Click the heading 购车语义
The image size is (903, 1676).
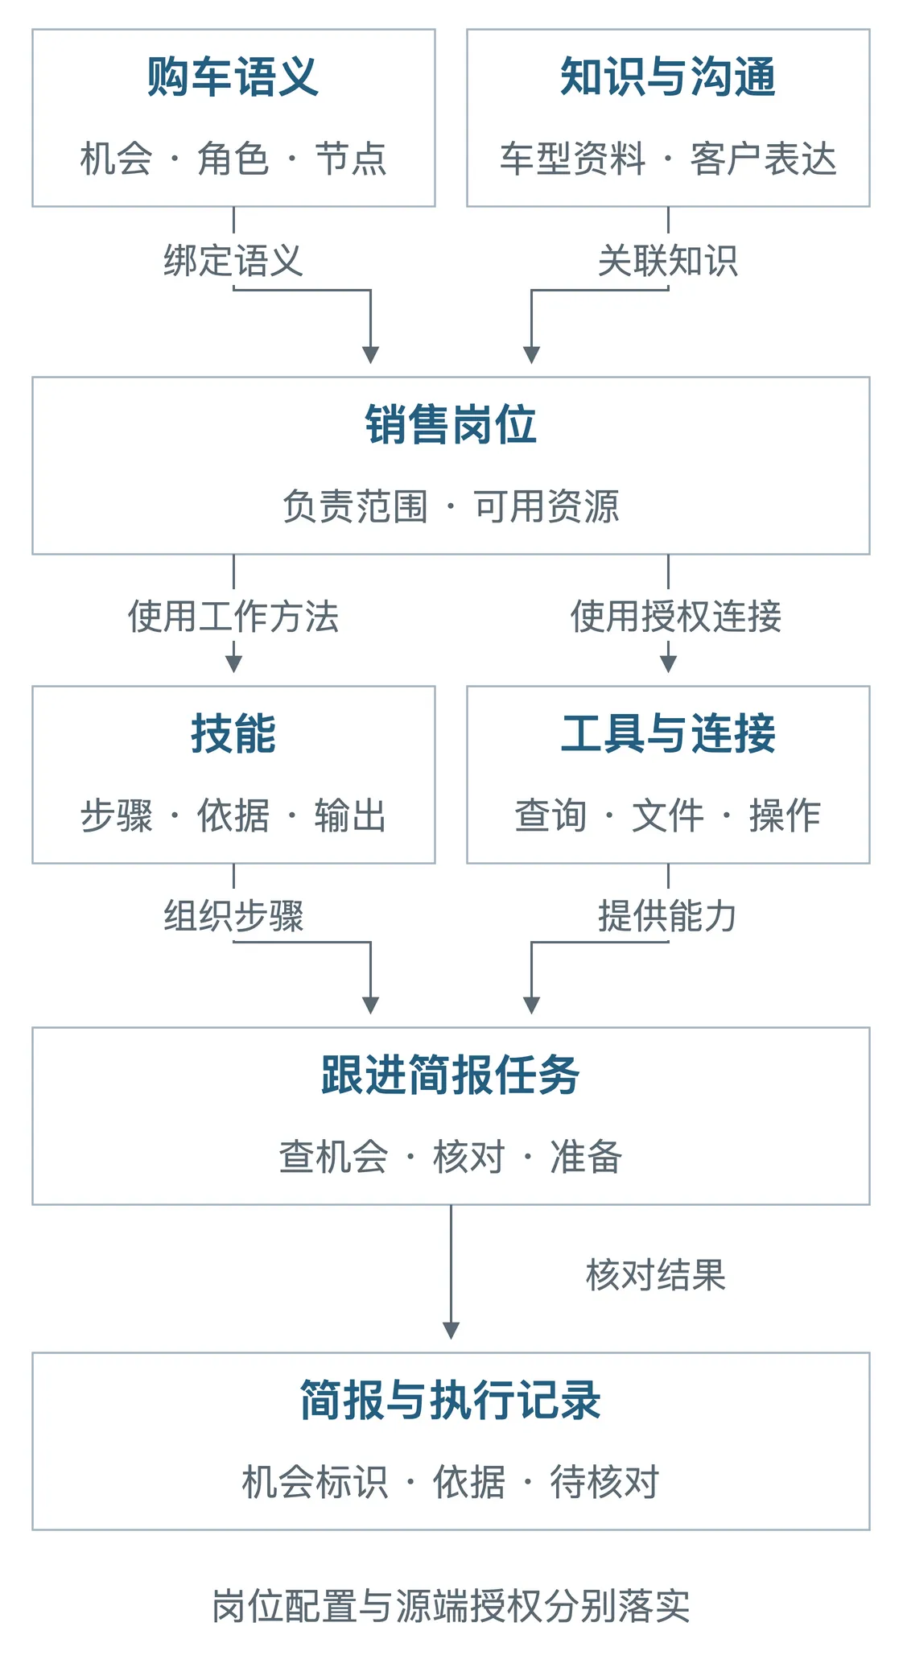tap(233, 77)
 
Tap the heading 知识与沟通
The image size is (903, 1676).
tap(668, 77)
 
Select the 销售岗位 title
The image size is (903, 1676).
tap(451, 425)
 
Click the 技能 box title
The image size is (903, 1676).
tap(233, 734)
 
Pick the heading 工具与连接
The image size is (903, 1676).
tap(668, 734)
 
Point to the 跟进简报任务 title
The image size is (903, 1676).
tap(451, 1075)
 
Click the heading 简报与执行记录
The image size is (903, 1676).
tap(451, 1401)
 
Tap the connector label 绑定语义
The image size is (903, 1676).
tap(233, 261)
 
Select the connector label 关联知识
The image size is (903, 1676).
tap(668, 261)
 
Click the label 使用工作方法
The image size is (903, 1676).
tap(233, 617)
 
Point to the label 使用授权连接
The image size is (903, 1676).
tap(676, 617)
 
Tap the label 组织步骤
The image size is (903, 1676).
tap(233, 916)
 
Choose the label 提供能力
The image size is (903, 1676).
tap(668, 916)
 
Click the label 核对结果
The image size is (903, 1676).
tap(656, 1275)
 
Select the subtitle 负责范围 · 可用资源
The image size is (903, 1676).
tap(451, 507)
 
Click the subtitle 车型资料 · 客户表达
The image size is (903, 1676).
tap(668, 159)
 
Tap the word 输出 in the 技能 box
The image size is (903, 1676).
tap(350, 815)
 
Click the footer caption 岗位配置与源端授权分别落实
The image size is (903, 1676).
tap(451, 1607)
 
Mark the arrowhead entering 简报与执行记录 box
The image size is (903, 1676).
tap(451, 1331)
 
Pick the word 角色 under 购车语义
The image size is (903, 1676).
tap(233, 159)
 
